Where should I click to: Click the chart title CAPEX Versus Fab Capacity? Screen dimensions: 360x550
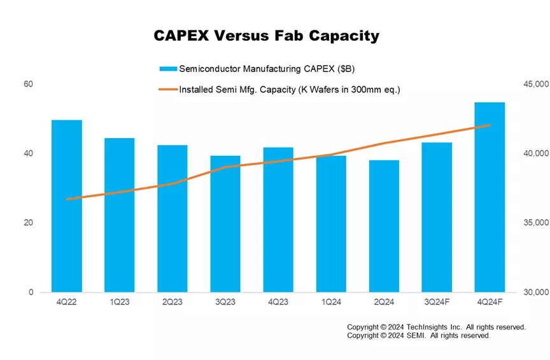point(266,36)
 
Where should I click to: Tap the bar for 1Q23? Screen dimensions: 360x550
point(120,215)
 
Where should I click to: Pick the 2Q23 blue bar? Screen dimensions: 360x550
point(173,218)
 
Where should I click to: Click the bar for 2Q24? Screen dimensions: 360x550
point(384,226)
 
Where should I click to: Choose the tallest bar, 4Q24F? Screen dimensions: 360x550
point(490,197)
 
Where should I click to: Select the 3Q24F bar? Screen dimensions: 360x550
point(437,217)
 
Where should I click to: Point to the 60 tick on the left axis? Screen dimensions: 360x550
point(29,84)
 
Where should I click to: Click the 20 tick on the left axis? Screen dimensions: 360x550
point(29,223)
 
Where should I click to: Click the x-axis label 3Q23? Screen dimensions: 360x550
point(225,302)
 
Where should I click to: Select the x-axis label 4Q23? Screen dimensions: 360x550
point(278,302)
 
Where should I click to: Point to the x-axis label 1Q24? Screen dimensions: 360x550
point(331,302)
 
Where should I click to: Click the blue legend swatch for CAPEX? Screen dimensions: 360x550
point(168,69)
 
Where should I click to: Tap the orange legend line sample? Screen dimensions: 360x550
point(168,90)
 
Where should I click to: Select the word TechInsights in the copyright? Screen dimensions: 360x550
point(423,327)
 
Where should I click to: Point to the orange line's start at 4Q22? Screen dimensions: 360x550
point(67,199)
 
